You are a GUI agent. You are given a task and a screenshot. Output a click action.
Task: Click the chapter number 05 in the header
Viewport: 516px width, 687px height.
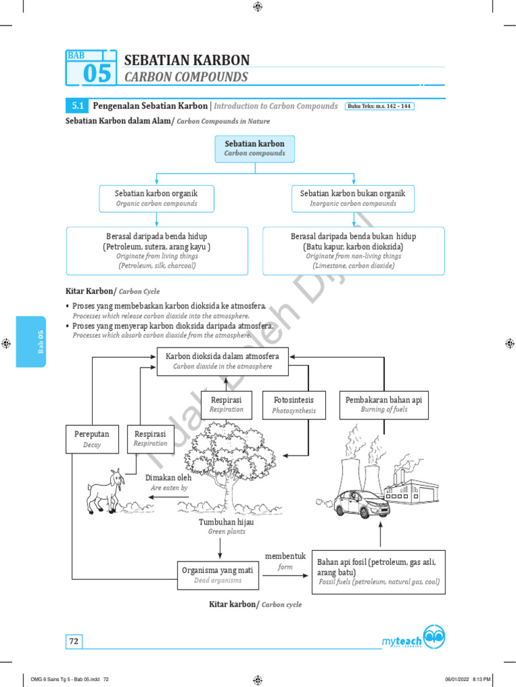coord(97,74)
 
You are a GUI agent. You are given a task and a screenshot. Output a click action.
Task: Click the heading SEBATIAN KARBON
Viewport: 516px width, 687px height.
coord(187,60)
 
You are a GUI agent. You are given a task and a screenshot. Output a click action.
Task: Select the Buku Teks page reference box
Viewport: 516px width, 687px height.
coord(380,106)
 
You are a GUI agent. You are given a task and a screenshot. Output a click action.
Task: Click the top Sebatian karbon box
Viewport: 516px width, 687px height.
coord(255,148)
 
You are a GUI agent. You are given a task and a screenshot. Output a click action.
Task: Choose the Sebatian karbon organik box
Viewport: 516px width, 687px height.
coord(157,197)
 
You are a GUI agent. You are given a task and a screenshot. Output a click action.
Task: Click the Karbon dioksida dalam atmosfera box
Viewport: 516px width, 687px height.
coord(222,361)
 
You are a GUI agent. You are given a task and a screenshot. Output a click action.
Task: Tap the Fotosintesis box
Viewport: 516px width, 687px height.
coord(294,405)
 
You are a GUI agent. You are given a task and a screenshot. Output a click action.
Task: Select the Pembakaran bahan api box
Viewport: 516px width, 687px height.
coord(384,405)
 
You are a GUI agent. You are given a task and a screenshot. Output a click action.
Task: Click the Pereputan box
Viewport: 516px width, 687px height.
coord(91,439)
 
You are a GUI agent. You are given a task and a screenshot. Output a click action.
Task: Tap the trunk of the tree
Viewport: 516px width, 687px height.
coord(222,493)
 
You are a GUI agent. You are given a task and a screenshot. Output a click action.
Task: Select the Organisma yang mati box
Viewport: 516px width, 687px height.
coord(218,575)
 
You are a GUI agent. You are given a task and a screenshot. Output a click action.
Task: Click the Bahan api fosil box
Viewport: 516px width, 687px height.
coord(380,571)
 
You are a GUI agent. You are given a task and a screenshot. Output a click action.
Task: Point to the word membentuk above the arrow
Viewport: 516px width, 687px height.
coord(285,557)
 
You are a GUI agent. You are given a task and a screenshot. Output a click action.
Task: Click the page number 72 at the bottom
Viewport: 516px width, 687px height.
coord(74,641)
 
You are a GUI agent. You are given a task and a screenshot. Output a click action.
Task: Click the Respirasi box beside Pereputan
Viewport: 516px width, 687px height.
coord(150,438)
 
